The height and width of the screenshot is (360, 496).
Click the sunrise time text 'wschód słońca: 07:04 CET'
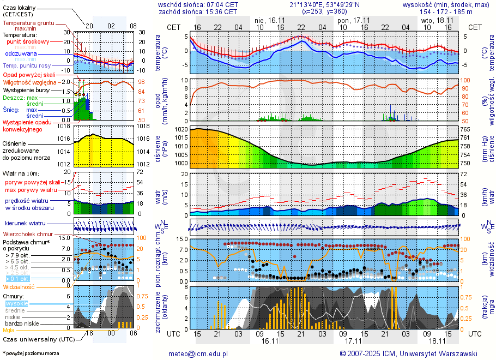[x=197, y=4]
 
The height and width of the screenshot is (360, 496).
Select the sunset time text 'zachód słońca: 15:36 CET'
[x=197, y=11]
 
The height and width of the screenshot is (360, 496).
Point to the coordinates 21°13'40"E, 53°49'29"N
[x=325, y=4]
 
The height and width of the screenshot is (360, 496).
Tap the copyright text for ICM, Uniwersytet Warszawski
[x=408, y=353]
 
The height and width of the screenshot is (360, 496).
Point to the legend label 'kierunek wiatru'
[x=25, y=224]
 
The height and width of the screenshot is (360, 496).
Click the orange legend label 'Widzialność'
[x=19, y=286]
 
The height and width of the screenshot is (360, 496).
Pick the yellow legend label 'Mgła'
[x=9, y=330]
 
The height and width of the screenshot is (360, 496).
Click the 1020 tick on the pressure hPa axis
[x=181, y=130]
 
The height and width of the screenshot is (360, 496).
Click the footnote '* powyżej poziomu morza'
[x=31, y=353]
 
